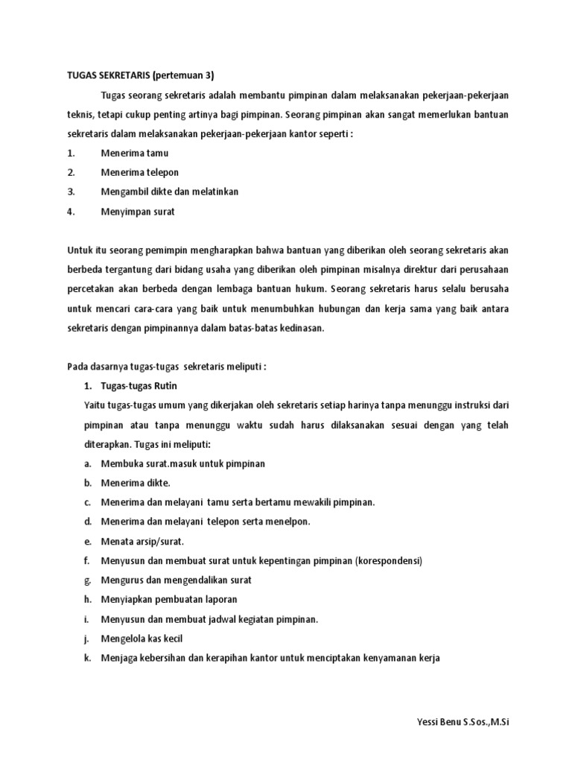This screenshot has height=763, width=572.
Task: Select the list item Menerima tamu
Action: click(135, 153)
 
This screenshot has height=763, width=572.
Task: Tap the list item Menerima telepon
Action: click(140, 173)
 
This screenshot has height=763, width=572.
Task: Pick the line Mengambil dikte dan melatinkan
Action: click(170, 192)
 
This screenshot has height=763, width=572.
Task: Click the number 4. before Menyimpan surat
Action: click(71, 212)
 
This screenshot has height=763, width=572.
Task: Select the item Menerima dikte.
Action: click(136, 483)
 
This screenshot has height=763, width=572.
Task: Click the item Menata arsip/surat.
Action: click(142, 541)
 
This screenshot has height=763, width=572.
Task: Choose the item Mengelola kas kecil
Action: click(142, 639)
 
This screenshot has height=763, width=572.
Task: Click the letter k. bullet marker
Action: click(87, 658)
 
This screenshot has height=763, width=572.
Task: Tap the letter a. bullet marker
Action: click(87, 463)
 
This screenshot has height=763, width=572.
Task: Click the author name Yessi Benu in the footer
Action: click(433, 723)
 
